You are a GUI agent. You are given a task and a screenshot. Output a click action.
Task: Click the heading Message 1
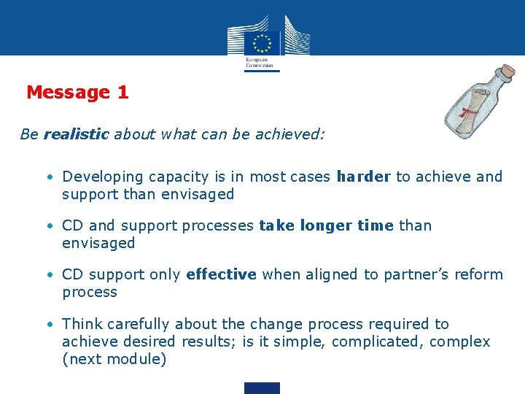point(77,93)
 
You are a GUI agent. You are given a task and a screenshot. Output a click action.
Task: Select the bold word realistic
point(76,135)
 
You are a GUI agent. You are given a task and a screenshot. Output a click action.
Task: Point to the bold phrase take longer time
point(326,225)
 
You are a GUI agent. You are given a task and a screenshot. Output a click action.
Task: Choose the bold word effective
point(221,274)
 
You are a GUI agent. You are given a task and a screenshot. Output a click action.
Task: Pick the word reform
point(478,274)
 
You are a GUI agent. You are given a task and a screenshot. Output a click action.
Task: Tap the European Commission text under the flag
point(259,62)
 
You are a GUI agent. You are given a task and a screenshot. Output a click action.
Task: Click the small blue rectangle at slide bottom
point(262,387)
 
